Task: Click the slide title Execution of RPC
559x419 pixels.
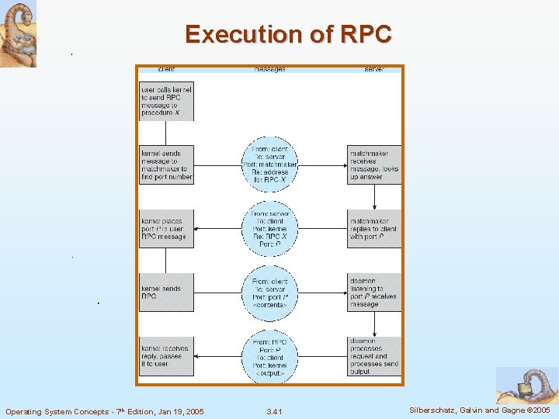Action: point(289,34)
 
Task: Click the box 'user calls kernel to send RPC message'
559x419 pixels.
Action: point(166,101)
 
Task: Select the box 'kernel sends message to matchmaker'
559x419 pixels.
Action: point(166,164)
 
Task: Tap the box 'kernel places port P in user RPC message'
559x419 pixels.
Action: point(166,228)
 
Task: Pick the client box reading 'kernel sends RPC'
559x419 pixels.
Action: point(166,293)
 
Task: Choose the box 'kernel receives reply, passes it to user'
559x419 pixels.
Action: point(166,356)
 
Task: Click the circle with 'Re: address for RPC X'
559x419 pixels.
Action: point(269,164)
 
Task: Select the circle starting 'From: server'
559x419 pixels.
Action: point(269,228)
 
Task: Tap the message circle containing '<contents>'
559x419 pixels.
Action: point(269,293)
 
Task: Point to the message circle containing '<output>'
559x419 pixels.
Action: point(269,356)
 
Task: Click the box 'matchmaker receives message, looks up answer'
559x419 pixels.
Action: point(374,164)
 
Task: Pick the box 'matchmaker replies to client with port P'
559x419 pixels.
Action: point(374,228)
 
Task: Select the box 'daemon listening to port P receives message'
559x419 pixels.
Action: point(374,293)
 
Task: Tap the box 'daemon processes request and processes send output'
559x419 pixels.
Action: point(374,356)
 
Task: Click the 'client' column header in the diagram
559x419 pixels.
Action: point(166,69)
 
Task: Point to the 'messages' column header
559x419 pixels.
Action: point(269,69)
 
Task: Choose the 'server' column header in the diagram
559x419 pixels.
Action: point(374,69)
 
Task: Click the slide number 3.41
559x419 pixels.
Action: point(273,411)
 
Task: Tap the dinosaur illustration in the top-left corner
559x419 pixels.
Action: point(18,33)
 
